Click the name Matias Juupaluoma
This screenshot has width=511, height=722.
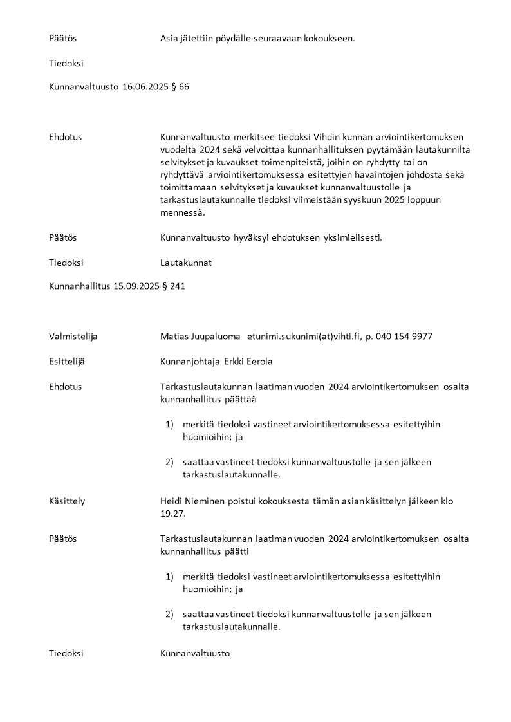point(200,336)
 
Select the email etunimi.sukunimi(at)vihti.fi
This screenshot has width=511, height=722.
point(304,336)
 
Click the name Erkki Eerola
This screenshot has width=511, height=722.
point(248,361)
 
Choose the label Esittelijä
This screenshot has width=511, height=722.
point(67,361)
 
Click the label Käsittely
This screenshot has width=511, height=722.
point(67,501)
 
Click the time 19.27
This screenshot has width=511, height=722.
point(172,513)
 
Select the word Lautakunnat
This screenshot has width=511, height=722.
point(186,263)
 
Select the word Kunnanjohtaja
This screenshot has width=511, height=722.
point(190,361)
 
